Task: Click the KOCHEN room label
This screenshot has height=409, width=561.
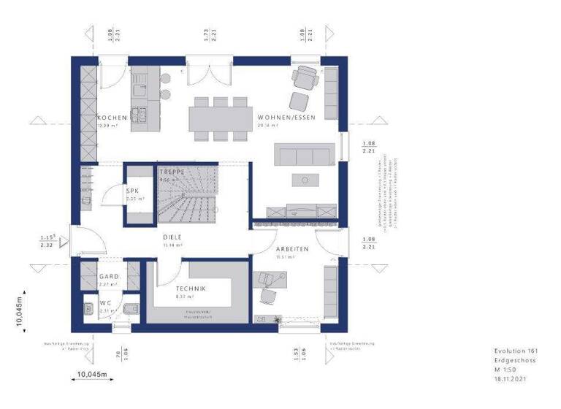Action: pos(112,118)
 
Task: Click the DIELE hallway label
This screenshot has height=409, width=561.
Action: pos(172,238)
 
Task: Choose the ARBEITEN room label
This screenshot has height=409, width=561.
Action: pos(292,249)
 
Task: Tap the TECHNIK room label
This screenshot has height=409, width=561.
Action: pos(190,289)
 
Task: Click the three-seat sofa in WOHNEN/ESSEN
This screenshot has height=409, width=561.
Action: pos(303,154)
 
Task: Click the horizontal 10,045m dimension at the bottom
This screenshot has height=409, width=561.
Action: pos(93,375)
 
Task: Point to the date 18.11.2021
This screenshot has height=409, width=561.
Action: pos(510,379)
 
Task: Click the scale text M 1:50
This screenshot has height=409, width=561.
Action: pos(504,370)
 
